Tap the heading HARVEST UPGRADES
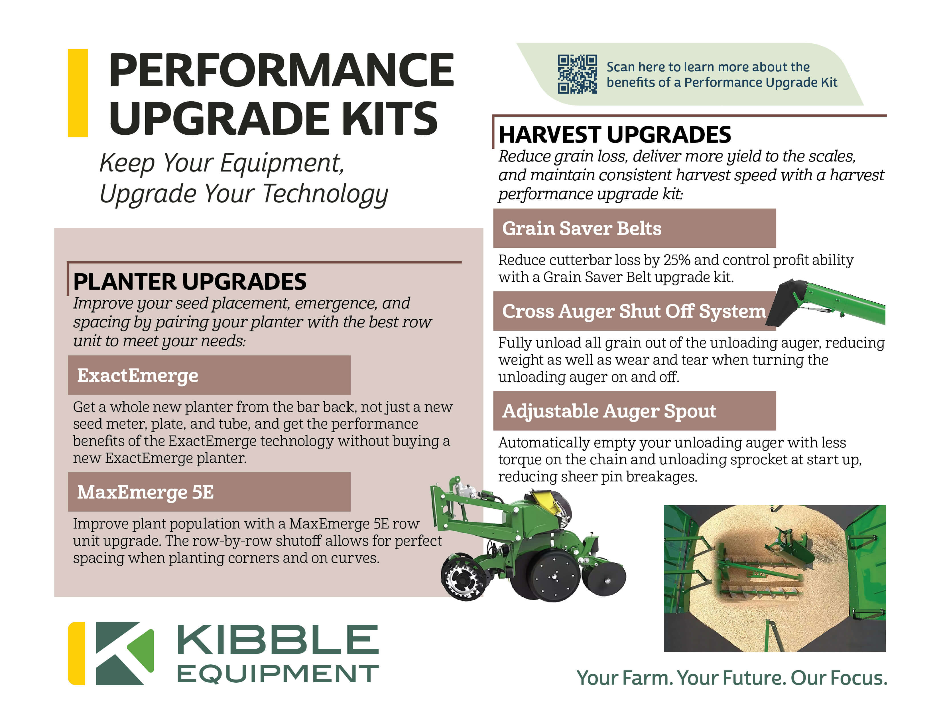[x=614, y=135]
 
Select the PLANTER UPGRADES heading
[x=190, y=282]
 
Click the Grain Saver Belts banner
[x=634, y=228]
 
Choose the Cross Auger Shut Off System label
[x=634, y=311]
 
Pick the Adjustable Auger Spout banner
[x=634, y=411]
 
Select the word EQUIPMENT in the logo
[x=278, y=674]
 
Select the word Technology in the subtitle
[x=325, y=194]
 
